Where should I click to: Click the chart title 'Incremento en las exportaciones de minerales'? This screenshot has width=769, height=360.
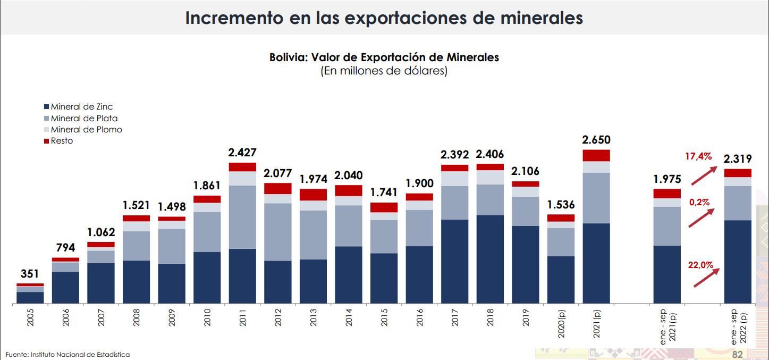[384, 18]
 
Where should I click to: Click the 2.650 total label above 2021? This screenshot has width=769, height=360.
[596, 140]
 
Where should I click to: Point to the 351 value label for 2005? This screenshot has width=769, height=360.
[30, 274]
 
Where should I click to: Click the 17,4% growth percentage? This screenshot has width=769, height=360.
[698, 156]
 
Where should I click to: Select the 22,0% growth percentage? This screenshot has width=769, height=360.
[700, 265]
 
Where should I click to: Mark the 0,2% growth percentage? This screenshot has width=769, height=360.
[699, 202]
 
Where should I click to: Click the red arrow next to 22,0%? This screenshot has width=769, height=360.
[707, 278]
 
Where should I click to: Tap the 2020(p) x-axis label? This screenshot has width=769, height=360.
[561, 325]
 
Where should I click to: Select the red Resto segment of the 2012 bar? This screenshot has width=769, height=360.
[278, 188]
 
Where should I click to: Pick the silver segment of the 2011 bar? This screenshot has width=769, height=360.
[242, 217]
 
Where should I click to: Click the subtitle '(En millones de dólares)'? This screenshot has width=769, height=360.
[384, 71]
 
